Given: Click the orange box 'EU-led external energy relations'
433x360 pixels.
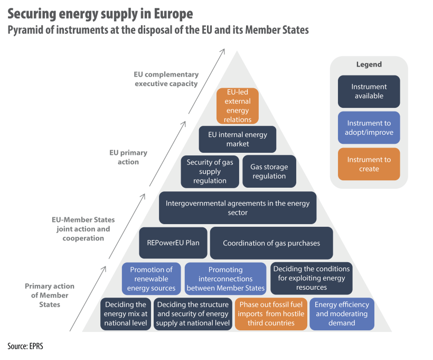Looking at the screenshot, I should [x=238, y=106].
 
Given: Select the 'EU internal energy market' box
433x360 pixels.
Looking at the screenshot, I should [x=237, y=139].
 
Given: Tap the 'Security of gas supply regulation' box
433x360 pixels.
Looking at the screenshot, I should [x=210, y=171].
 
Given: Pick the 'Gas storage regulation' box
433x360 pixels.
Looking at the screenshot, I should [x=269, y=171].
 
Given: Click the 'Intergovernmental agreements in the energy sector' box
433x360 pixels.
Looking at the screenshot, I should [x=238, y=207].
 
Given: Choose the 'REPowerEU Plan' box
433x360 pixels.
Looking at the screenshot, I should [x=173, y=243].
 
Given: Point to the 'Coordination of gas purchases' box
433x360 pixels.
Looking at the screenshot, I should [x=271, y=243].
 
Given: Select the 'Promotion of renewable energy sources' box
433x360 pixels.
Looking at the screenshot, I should [x=151, y=279].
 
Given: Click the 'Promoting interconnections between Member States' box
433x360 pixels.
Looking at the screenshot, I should [x=225, y=279].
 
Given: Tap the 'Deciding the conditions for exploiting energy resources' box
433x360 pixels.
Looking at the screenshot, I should [x=311, y=278].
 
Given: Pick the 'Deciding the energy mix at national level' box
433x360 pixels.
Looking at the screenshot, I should [x=125, y=314].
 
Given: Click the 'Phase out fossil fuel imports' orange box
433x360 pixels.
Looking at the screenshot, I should [x=271, y=314].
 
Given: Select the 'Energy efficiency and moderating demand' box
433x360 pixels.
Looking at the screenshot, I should [x=342, y=314].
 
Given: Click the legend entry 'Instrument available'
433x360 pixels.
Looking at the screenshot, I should [x=369, y=91].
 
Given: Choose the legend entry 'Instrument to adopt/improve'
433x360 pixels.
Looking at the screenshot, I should [x=369, y=128].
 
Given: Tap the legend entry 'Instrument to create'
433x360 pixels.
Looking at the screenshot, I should [x=369, y=164].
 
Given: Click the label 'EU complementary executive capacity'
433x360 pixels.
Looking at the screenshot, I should [x=166, y=79].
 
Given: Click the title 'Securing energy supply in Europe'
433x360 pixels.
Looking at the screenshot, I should [x=100, y=13].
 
